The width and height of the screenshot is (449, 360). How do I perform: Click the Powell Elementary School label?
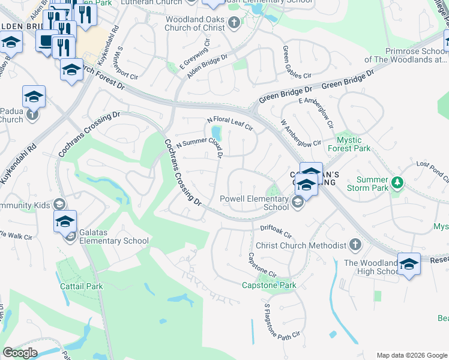[254, 203]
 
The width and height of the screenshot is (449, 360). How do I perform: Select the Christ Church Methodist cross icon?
[355, 245]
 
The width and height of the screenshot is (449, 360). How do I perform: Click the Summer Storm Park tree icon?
[396, 182]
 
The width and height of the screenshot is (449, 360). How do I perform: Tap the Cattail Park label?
[82, 286]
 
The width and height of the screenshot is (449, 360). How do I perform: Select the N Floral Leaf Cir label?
[230, 124]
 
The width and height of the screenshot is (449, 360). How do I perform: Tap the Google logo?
[20, 353]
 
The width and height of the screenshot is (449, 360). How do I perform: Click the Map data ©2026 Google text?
[411, 355]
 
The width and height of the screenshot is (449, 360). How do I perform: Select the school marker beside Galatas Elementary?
[65, 222]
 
